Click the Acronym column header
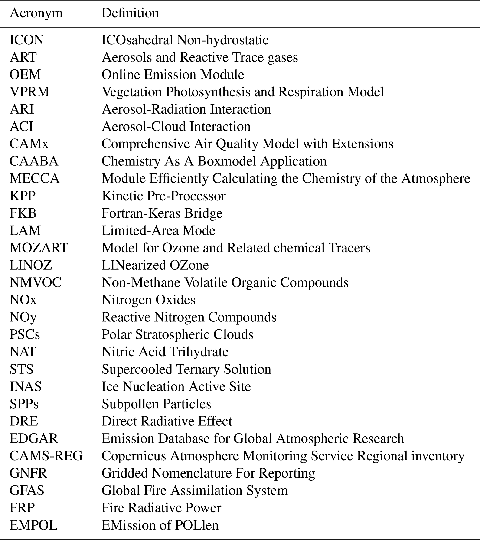[x=36, y=13]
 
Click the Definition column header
[x=130, y=13]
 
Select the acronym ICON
[x=27, y=40]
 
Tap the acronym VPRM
[x=29, y=92]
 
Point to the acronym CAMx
[x=29, y=144]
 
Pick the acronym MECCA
[x=35, y=179]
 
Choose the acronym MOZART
[x=39, y=248]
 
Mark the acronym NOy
[x=23, y=317]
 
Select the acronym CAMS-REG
[x=46, y=456]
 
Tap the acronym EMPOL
[x=33, y=525]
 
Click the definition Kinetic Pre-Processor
[x=164, y=196]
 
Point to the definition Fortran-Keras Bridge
[x=162, y=213]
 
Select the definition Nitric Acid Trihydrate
[x=165, y=352]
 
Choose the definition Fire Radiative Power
[x=161, y=508]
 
